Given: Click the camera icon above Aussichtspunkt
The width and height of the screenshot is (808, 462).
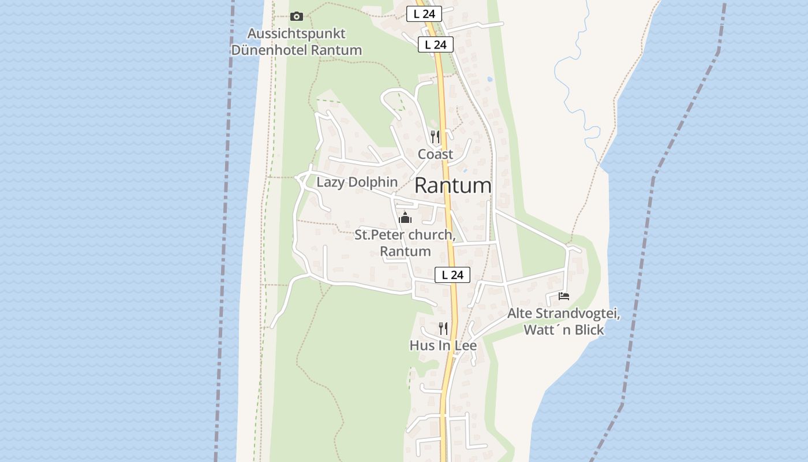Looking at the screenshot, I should tap(297, 17).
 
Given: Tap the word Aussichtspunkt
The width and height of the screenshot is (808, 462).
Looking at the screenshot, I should tap(297, 33).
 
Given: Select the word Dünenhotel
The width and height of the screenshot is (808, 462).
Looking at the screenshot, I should tap(269, 50).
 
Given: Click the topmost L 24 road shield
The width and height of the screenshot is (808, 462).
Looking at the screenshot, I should tap(424, 14).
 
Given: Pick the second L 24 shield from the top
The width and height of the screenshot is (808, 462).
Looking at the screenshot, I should tap(436, 44).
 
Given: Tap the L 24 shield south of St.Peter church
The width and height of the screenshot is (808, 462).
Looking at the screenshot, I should tap(452, 275).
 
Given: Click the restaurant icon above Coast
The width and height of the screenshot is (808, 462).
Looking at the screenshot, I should tap(435, 137).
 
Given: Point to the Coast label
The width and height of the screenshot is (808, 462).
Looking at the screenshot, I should tap(435, 154).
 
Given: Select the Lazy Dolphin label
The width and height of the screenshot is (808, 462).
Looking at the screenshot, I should tap(357, 182).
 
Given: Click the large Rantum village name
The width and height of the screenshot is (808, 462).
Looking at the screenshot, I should tap(453, 185).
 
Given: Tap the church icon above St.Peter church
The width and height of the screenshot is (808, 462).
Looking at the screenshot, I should tap(405, 218).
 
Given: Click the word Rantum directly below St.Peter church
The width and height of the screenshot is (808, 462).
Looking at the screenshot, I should tap(405, 251).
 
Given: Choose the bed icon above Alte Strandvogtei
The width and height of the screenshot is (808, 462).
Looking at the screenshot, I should tap(564, 296).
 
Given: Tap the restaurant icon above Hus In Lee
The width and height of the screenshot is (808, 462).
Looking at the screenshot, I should tap(443, 329).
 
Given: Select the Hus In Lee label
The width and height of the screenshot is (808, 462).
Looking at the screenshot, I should tap(443, 345).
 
